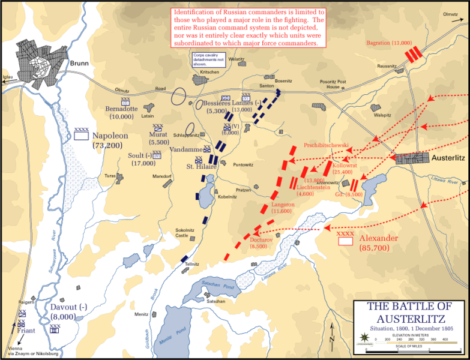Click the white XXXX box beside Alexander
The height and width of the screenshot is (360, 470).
(x=345, y=242)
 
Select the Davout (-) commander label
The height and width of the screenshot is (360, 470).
(x=69, y=307)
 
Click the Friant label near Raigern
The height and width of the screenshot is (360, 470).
(x=26, y=330)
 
